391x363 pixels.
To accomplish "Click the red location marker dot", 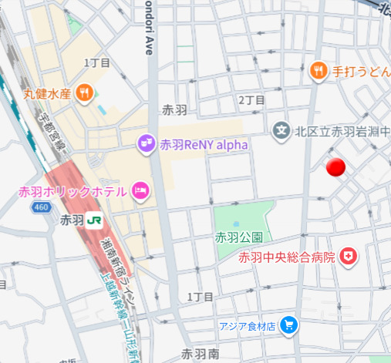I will pyautogui.click(x=335, y=167).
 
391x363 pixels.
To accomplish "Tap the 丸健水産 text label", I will pyautogui.click(x=47, y=94).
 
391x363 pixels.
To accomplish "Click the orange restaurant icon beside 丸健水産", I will pyautogui.click(x=85, y=94).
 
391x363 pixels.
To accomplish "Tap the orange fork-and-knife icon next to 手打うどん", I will pyautogui.click(x=317, y=72).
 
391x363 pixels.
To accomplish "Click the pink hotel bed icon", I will pyautogui.click(x=140, y=190).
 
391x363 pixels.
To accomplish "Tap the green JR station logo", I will pyautogui.click(x=96, y=220).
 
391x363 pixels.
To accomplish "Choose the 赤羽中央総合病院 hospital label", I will pyautogui.click(x=287, y=257).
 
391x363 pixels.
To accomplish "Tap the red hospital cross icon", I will pyautogui.click(x=349, y=257).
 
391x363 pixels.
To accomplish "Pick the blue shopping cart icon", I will pyautogui.click(x=289, y=324).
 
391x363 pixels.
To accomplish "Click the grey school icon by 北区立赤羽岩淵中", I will pyautogui.click(x=281, y=131).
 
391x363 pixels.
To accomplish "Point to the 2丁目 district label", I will pyautogui.click(x=251, y=100).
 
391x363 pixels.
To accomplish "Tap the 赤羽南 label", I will pyautogui.click(x=201, y=354).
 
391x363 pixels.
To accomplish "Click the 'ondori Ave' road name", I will pyautogui.click(x=148, y=27).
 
